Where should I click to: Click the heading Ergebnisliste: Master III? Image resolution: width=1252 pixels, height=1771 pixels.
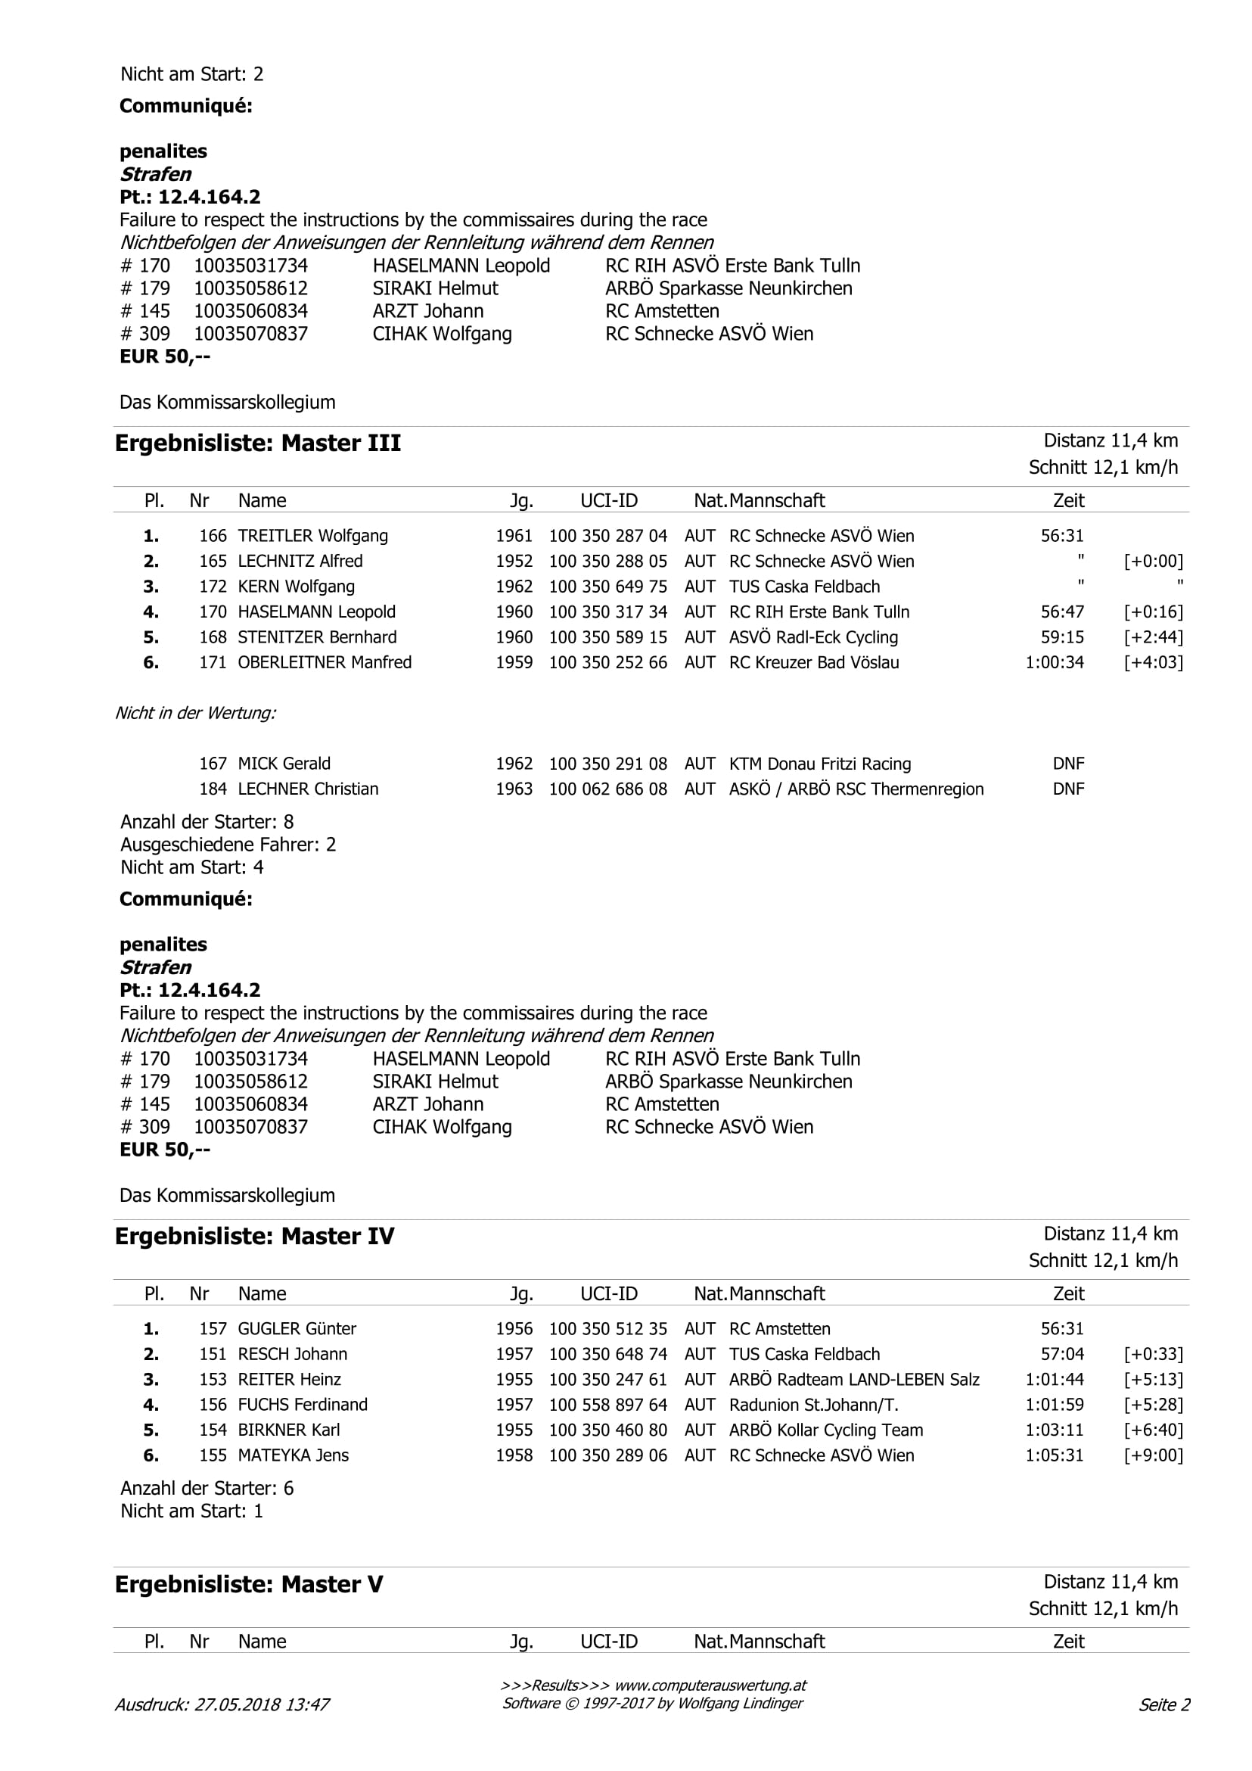coord(257,444)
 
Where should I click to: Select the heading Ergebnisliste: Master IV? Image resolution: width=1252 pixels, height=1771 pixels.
coord(254,1237)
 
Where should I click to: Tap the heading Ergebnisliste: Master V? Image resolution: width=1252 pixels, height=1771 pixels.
coord(248,1584)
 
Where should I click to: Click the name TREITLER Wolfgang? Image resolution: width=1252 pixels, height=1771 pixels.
coord(312,536)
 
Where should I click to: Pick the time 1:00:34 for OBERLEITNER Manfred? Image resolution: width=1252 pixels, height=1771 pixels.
coord(1054,662)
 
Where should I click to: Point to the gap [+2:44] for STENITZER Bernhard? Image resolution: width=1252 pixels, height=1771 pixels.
coord(1154,637)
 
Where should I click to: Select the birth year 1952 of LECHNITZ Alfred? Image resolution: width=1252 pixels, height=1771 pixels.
coord(514,562)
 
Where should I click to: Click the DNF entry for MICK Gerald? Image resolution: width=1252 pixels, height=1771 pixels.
coord(1067,764)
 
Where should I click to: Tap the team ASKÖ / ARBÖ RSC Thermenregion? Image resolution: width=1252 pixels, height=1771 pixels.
coord(856,789)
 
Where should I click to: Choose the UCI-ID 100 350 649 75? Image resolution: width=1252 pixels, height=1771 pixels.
coord(607,587)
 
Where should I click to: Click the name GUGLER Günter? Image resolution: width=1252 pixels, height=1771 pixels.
coord(297,1329)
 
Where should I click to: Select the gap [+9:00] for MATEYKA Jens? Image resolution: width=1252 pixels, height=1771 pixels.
coord(1154,1455)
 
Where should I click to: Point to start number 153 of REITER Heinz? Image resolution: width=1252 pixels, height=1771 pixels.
coord(213,1379)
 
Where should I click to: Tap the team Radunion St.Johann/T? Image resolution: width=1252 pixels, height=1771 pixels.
coord(813,1405)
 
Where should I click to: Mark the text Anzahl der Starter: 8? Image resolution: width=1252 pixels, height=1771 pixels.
coord(207,822)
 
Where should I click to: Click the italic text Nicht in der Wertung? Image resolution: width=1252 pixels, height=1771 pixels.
coord(195,714)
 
